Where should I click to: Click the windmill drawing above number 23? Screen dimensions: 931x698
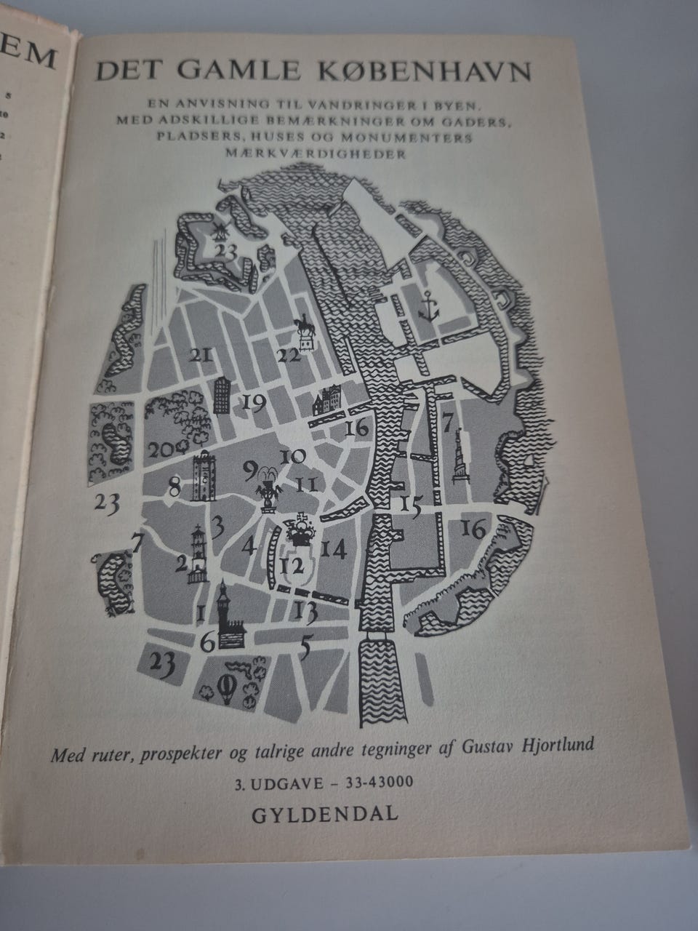(x=217, y=230)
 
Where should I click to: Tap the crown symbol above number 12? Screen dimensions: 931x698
(x=297, y=530)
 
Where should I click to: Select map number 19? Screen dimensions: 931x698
(x=255, y=402)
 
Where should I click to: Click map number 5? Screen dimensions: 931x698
(x=307, y=644)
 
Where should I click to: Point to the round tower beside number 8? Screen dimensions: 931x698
(x=206, y=477)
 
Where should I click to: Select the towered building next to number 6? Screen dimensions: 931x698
(x=230, y=617)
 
